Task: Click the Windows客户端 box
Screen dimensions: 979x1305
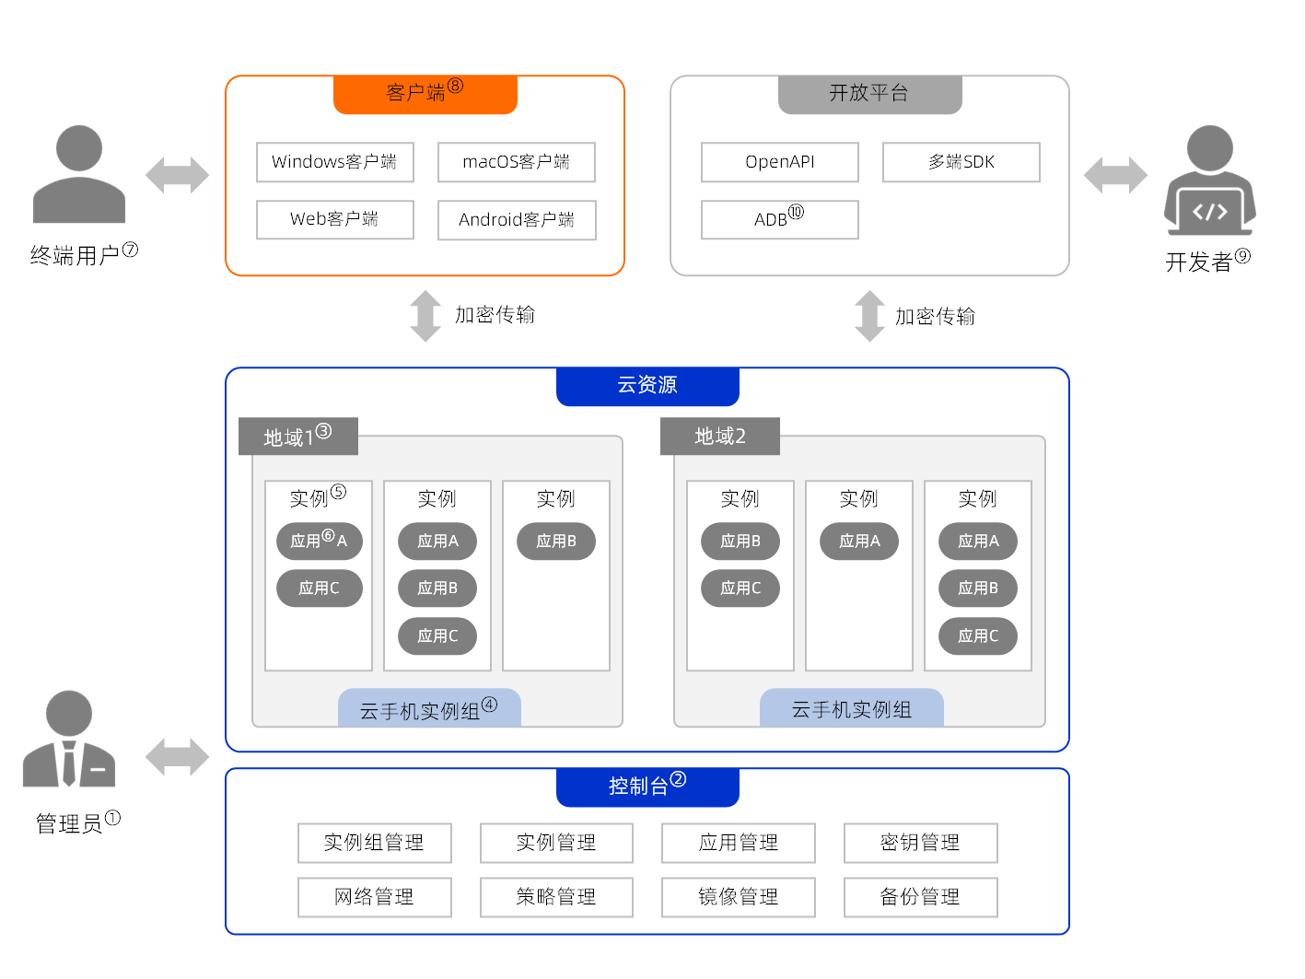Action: [334, 162]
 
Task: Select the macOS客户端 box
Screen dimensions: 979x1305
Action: [516, 162]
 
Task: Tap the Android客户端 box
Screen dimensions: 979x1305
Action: [516, 220]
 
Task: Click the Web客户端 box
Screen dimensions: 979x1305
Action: [334, 219]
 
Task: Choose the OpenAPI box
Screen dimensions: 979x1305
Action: [779, 162]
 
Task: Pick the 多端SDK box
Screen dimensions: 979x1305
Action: [961, 162]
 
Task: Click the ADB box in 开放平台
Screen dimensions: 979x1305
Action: [779, 219]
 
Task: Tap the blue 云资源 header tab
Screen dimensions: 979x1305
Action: [647, 386]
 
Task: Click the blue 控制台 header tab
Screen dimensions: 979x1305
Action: [647, 787]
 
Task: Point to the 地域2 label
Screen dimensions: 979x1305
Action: [719, 437]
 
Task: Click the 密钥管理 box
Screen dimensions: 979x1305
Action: [920, 843]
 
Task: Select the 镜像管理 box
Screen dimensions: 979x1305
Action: [738, 897]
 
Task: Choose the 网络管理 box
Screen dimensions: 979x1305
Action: [374, 897]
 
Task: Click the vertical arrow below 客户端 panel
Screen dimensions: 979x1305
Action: [425, 316]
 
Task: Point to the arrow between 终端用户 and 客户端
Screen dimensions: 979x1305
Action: [177, 175]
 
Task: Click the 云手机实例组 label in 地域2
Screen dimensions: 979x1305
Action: [851, 709]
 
